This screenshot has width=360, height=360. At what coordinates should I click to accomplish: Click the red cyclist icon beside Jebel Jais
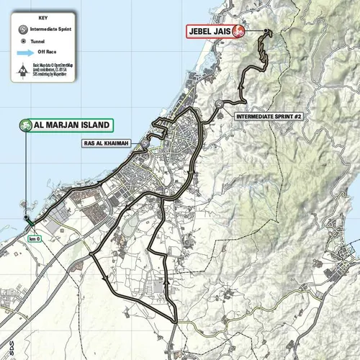pos(237,32)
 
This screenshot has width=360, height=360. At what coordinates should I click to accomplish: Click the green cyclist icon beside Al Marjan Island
pos(27,125)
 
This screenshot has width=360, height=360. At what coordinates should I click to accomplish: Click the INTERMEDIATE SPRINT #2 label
pos(265,115)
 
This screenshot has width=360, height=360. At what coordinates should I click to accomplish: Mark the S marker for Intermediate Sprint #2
pos(218,106)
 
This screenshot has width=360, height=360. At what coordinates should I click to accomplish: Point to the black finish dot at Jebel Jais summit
pos(266,32)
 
